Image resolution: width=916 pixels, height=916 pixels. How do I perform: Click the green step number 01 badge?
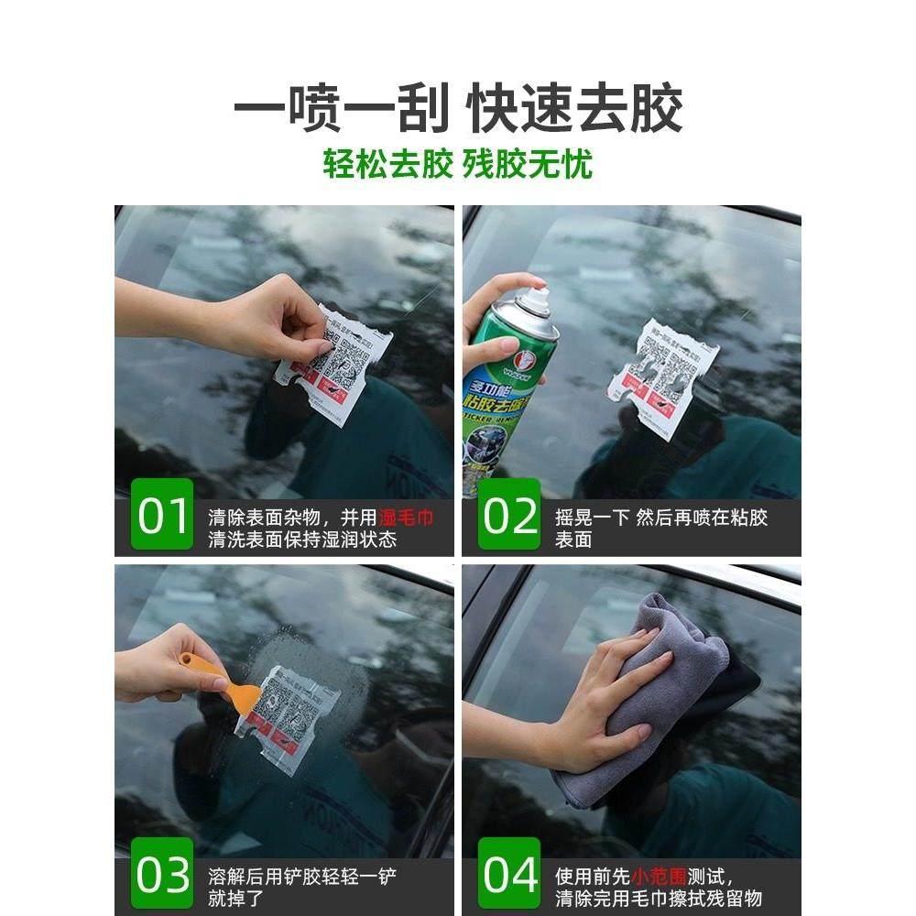[162, 515]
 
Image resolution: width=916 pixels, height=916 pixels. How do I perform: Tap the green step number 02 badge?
[509, 515]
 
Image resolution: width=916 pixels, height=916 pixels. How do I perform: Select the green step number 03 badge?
[162, 875]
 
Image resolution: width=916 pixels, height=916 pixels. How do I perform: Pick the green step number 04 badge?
[509, 875]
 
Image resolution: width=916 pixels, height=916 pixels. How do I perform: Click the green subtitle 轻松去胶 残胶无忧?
[458, 164]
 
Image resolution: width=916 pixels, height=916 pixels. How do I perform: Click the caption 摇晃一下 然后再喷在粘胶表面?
[660, 529]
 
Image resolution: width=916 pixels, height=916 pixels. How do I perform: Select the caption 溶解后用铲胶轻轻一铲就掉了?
[302, 888]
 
